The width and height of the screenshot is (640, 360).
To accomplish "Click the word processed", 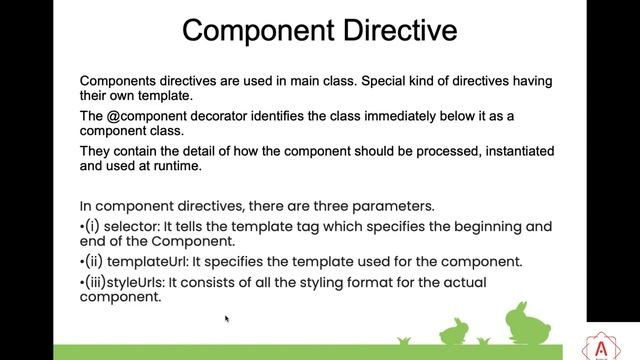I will point(463,150).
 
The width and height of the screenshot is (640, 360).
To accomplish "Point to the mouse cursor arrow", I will point(227,319).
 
